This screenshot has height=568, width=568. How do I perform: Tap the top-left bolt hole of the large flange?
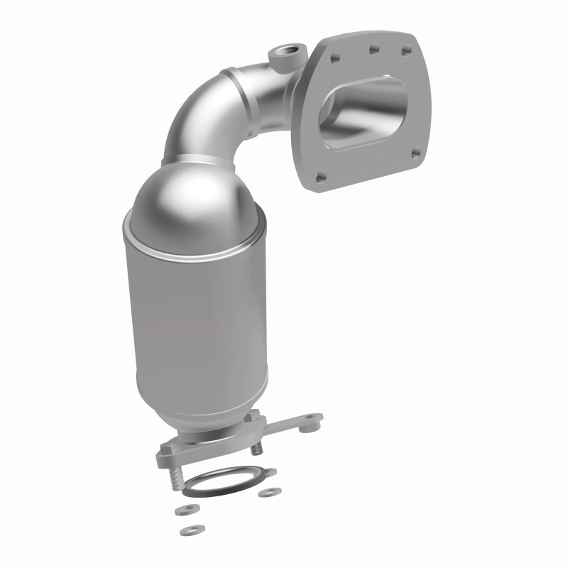pos(337,55)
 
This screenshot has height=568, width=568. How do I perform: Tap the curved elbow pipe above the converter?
pos(213,106)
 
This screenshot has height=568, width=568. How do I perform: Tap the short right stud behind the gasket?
pos(258,449)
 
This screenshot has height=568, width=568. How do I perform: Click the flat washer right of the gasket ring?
pos(267,492)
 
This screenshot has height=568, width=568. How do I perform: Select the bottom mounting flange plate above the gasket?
pos(206,447)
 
